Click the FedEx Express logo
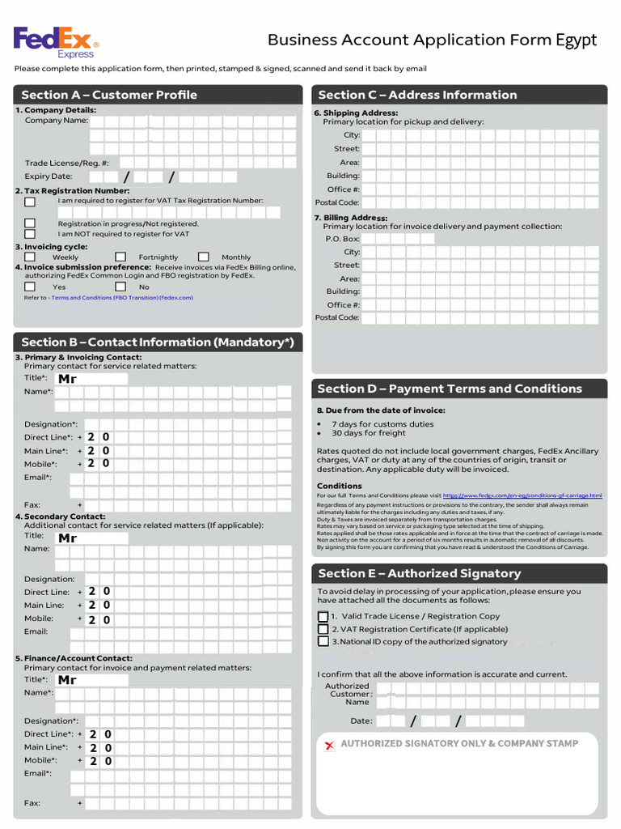point(56,41)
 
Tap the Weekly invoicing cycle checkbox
point(30,257)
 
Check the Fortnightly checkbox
point(120,257)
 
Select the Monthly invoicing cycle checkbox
point(204,257)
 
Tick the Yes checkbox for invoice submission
point(30,286)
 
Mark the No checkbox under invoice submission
point(120,286)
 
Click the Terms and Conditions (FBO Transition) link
point(122,298)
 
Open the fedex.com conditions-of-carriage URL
point(522,495)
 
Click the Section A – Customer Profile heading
point(109,95)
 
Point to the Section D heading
point(450,389)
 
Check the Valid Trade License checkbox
point(323,617)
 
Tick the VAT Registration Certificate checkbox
point(323,629)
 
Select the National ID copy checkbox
point(323,642)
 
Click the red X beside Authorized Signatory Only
point(329,745)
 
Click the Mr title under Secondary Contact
point(68,538)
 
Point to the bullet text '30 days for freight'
point(369,433)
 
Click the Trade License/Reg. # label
point(66,163)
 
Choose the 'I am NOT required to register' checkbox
point(30,234)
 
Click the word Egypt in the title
point(576,40)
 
